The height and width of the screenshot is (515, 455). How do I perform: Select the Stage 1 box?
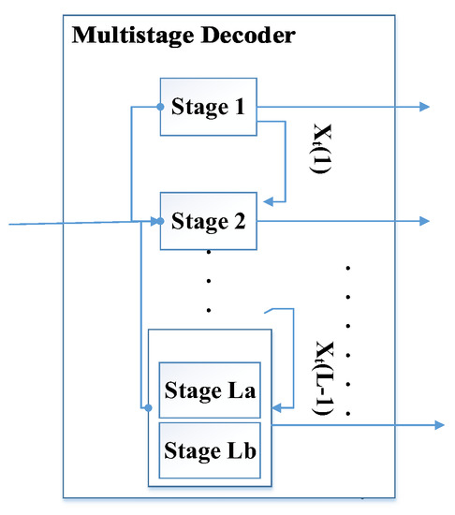[x=208, y=107]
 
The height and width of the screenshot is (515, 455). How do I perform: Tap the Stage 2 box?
[x=208, y=221]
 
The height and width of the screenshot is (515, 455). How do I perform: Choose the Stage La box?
[x=210, y=388]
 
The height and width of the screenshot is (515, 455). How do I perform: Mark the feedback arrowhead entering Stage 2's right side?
[x=267, y=199]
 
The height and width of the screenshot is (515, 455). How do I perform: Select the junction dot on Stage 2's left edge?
[x=161, y=221]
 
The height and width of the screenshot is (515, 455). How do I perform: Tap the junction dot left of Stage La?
[x=148, y=407]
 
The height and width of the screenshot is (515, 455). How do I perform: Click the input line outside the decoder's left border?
[x=33, y=224]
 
